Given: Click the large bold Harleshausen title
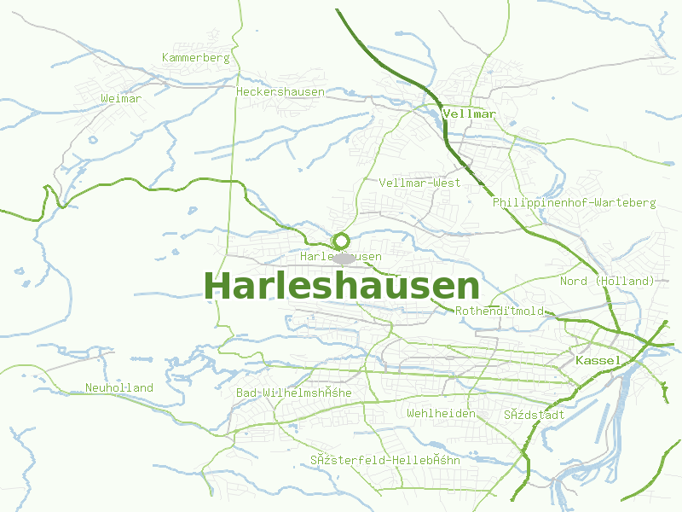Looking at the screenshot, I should (341, 286).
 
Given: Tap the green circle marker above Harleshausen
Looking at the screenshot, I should (341, 241).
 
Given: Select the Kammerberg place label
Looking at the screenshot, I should (196, 58).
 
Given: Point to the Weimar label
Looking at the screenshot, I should (121, 99).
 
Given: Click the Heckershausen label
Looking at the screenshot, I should (280, 91).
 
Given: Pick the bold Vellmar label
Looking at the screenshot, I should (469, 113).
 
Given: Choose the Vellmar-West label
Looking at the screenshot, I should (419, 183).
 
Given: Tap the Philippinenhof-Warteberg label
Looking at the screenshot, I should (574, 203).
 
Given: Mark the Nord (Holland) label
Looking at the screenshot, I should (607, 281).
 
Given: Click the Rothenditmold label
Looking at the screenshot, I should (500, 311).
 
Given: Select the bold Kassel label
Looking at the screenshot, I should (598, 361).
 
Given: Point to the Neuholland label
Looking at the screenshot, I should (119, 387).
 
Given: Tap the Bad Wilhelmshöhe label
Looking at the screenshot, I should (293, 393).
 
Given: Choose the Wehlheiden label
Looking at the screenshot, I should (441, 413).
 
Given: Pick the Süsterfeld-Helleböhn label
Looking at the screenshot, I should (385, 460).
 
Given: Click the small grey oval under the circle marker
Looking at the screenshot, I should (344, 258).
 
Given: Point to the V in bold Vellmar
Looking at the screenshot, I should (446, 113).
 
